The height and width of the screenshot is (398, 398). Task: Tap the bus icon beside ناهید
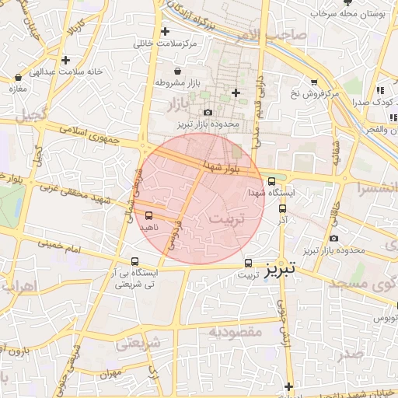coord(149,217)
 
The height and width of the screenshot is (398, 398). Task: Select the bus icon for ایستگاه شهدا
coord(271,181)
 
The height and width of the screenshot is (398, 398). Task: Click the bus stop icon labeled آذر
coord(281,208)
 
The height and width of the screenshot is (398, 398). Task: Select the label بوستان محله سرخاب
coord(347,13)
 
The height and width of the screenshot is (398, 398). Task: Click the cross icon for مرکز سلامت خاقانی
coord(165,32)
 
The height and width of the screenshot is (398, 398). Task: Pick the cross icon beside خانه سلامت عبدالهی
coord(66,60)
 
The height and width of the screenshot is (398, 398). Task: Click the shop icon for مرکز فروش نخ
coord(313,82)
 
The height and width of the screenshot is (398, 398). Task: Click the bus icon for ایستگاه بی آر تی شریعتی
coord(135,262)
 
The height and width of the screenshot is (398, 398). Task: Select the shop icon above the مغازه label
coord(18,78)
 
